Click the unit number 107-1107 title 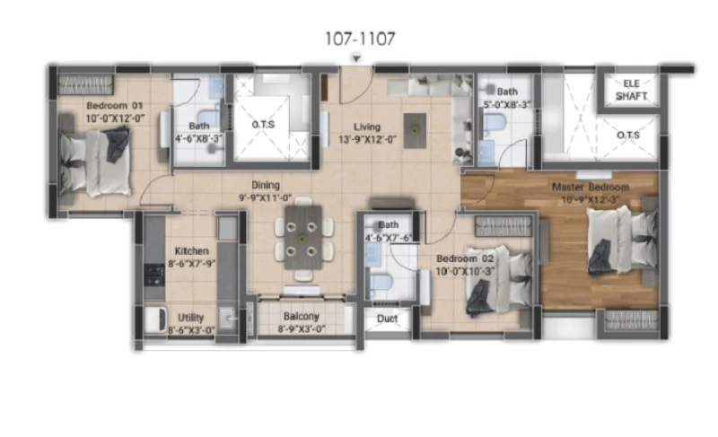pos(360,39)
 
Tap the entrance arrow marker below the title pos(356,58)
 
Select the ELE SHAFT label pos(631,90)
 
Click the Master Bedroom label pos(591,187)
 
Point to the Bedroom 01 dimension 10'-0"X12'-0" pos(116,118)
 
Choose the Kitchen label pos(191,250)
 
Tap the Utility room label pos(190,318)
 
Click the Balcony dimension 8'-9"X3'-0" pos(302,329)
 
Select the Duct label pos(387,319)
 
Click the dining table pos(302,238)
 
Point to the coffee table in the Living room pos(415,131)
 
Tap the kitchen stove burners pos(154,275)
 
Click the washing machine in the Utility pos(155,319)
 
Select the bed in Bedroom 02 pos(499,279)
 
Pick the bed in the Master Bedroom pos(623,240)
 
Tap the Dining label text pos(266,185)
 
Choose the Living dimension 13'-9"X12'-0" pos(367,139)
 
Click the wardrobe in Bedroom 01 pos(85,84)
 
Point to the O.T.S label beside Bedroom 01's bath pos(263,125)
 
